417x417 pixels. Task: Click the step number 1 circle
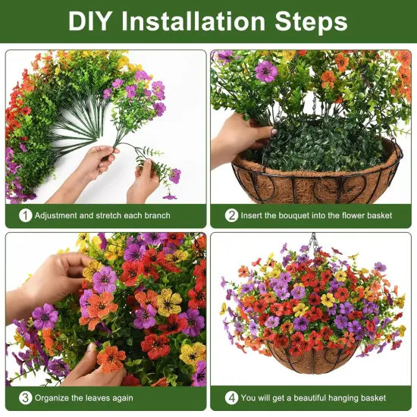click(x=26, y=215)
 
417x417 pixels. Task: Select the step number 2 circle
click(x=232, y=215)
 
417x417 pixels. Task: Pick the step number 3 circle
click(x=26, y=397)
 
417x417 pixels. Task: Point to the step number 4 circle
click(x=232, y=397)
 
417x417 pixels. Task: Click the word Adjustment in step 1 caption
click(x=59, y=216)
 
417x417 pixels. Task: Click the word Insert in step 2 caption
click(x=256, y=216)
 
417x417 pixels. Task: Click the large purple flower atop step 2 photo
click(x=266, y=71)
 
